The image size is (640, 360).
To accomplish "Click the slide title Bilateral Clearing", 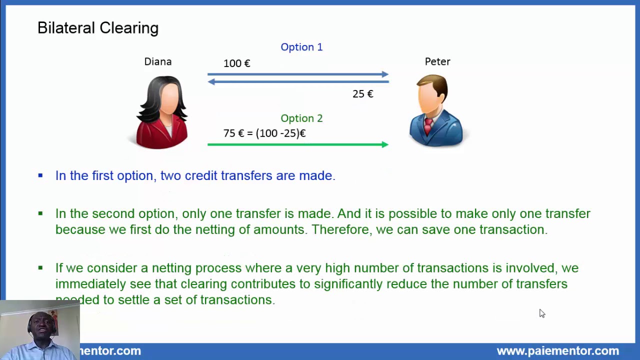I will click(98, 28).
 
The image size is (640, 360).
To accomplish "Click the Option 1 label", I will click(301, 47).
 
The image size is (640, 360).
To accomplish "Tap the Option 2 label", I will click(301, 118).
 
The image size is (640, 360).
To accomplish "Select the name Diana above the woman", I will click(158, 61).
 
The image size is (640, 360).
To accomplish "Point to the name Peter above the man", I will click(437, 61).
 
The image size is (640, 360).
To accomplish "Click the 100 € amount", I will click(237, 63).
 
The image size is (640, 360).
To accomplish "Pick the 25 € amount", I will click(363, 94).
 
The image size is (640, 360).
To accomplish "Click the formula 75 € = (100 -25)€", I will click(264, 133).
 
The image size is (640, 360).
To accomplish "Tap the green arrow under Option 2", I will click(297, 144).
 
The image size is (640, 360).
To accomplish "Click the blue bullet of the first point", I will click(40, 175).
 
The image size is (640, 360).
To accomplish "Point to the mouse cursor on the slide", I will click(541, 313).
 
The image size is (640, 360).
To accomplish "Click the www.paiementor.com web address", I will click(557, 351).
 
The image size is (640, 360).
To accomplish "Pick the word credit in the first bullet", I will click(201, 175).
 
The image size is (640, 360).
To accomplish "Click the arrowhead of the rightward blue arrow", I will click(385, 74).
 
